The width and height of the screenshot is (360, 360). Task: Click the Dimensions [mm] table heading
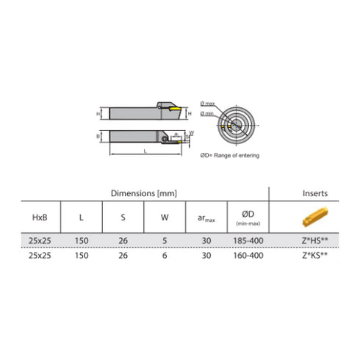[144, 193]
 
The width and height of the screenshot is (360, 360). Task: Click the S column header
[123, 218]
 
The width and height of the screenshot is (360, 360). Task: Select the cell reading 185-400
[247, 241]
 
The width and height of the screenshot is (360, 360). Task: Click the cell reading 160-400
[247, 254]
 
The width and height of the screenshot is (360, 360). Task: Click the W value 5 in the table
[165, 241]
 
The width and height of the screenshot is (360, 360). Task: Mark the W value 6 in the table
[165, 254]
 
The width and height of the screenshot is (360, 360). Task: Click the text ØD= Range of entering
[230, 155]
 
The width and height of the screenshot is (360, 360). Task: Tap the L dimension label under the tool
[147, 149]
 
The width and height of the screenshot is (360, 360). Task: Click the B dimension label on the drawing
[98, 136]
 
